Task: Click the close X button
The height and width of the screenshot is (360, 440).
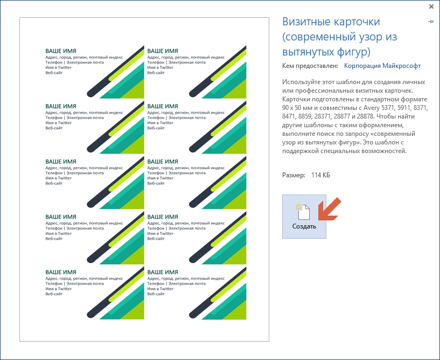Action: (431, 6)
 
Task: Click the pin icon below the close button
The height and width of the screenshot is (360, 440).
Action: (431, 22)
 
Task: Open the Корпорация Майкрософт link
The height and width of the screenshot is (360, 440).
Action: (382, 66)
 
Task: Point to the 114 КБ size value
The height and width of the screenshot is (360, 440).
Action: (320, 175)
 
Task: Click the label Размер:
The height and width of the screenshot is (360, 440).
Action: (294, 175)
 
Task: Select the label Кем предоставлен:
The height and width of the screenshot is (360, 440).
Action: (310, 66)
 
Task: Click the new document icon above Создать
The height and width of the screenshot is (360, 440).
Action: (303, 212)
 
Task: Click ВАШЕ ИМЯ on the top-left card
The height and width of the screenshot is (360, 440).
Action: (61, 51)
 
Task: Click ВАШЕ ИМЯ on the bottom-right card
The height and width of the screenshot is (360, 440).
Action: (163, 272)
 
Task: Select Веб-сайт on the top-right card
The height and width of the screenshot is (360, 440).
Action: (156, 73)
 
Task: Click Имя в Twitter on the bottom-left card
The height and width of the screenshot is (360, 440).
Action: (58, 289)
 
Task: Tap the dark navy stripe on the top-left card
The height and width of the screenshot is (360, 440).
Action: (115, 72)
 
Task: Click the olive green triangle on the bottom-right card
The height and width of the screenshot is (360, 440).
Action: (235, 310)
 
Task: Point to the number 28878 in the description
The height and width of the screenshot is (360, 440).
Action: (365, 116)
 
